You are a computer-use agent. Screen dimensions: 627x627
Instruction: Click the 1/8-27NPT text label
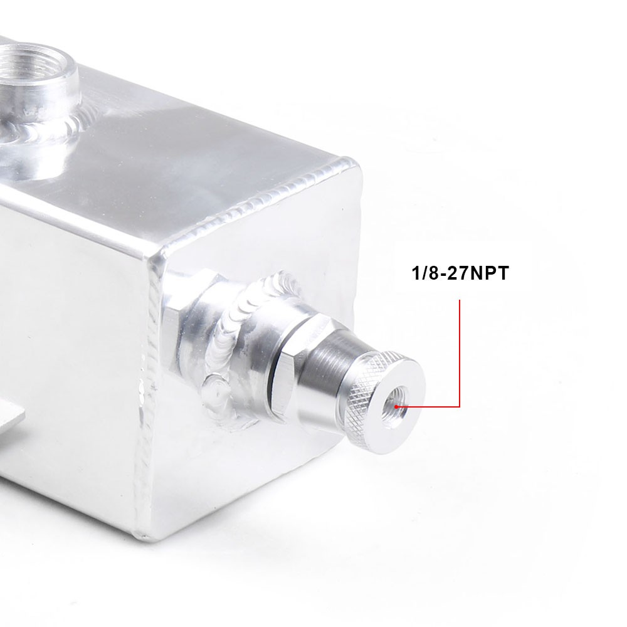(x=460, y=273)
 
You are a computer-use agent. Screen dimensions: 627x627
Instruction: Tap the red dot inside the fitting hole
(x=396, y=407)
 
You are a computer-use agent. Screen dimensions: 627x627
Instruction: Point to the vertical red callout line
(x=460, y=354)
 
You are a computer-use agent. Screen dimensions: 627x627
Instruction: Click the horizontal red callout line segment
(x=428, y=407)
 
